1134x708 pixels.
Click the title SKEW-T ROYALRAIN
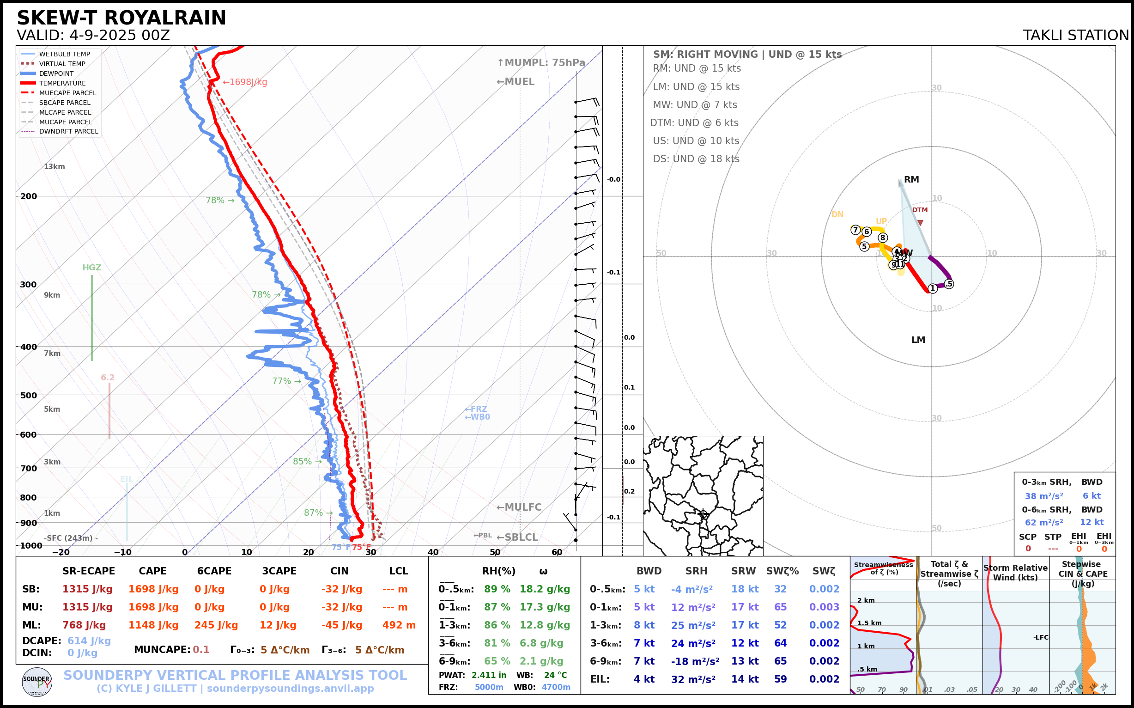click(121, 18)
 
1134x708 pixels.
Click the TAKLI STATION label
click(1075, 36)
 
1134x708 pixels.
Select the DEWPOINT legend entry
click(56, 73)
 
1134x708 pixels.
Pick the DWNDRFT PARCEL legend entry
click(68, 132)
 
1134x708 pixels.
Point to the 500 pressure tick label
click(28, 395)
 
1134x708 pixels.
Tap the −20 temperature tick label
click(61, 553)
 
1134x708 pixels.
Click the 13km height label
click(55, 167)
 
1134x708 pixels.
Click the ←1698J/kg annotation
click(245, 82)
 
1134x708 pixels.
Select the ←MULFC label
click(519, 507)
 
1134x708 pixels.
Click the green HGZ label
click(92, 268)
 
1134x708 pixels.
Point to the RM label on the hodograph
click(911, 180)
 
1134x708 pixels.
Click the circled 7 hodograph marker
click(855, 230)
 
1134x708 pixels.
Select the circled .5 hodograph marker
click(949, 284)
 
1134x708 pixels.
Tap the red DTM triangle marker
click(920, 223)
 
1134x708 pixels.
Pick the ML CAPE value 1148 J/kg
click(153, 625)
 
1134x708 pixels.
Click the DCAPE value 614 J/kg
click(89, 641)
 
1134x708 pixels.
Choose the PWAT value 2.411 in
click(489, 675)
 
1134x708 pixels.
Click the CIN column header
click(340, 571)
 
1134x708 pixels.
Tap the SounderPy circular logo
click(37, 682)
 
